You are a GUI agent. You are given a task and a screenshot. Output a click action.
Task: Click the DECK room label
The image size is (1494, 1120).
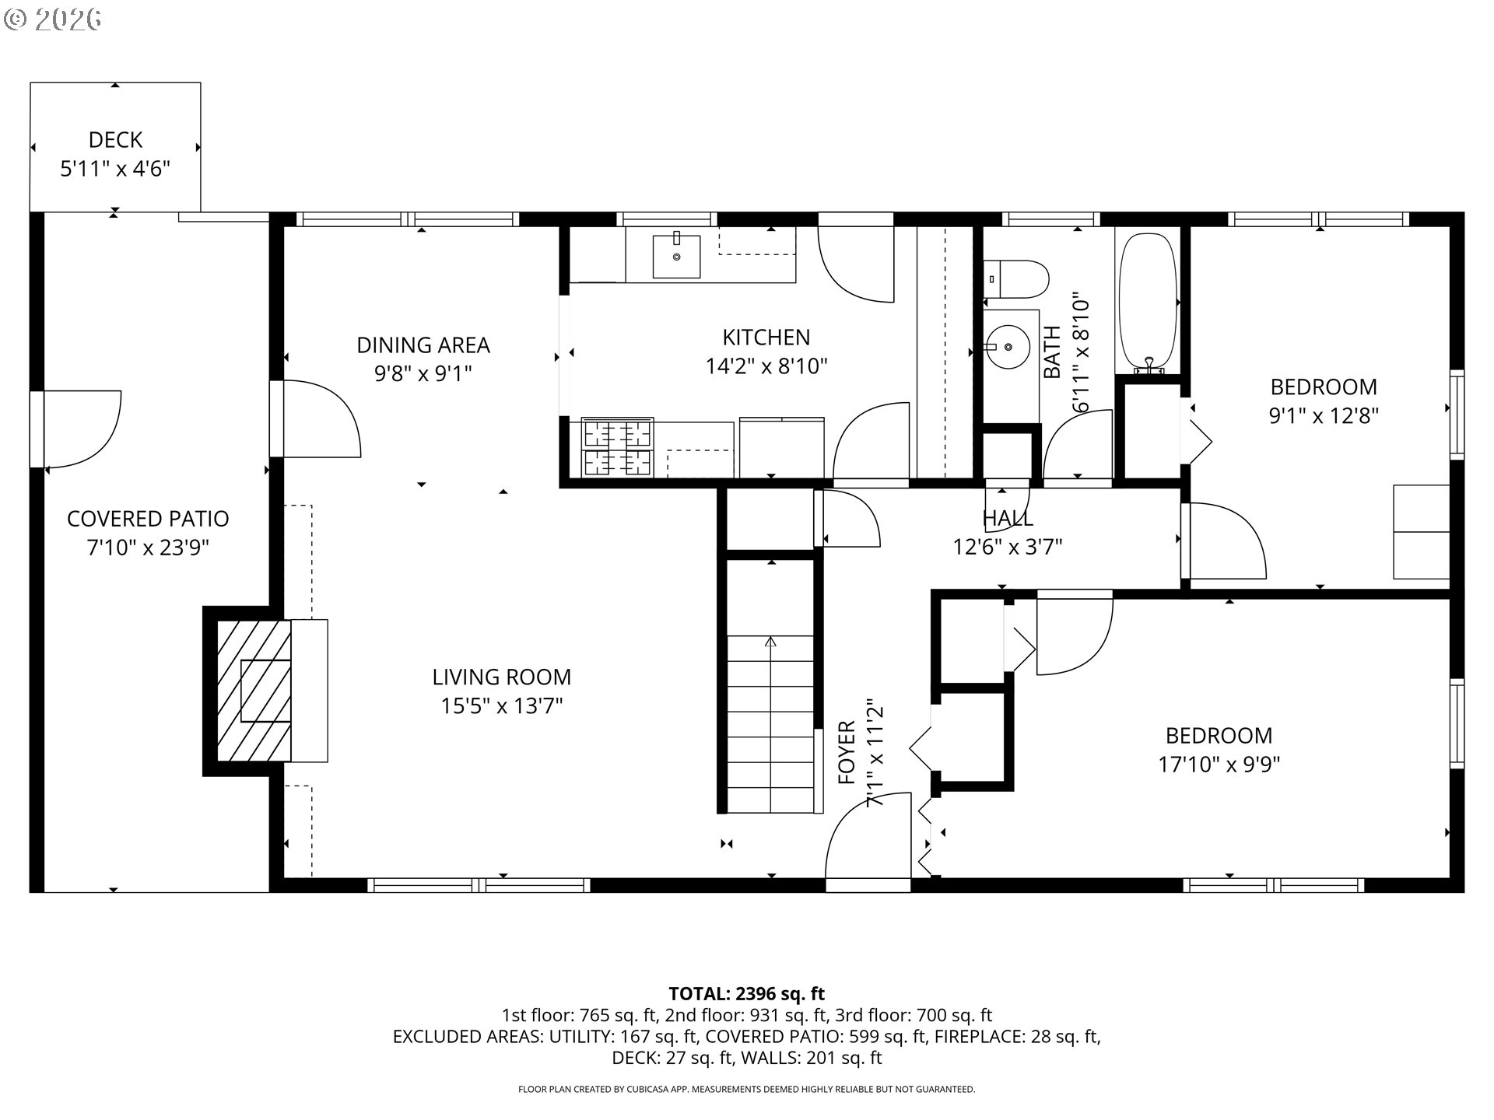coord(115,140)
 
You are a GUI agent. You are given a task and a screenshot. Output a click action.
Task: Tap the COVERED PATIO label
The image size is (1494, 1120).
coord(148,519)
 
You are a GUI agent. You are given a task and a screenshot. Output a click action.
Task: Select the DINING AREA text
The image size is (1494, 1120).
coord(423,345)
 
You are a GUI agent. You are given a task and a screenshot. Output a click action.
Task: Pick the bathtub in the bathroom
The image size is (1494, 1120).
coord(1147,301)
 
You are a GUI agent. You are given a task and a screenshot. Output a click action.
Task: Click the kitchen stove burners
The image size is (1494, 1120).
coord(618,447)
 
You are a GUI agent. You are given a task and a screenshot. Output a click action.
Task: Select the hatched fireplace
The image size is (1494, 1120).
coord(254,691)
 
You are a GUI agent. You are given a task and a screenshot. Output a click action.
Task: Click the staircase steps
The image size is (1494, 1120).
coord(770,724)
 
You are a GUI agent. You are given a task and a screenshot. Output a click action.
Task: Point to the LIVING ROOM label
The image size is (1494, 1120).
coord(502,677)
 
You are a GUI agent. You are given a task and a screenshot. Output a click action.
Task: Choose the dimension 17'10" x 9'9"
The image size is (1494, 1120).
coord(1219,765)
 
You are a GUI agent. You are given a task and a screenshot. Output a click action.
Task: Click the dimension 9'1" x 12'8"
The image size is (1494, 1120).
coord(1324,415)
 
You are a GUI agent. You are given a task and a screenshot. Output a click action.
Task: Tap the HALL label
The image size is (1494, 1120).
coord(1008,518)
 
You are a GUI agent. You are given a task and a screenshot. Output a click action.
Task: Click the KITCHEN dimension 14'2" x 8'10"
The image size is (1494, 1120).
coord(766,366)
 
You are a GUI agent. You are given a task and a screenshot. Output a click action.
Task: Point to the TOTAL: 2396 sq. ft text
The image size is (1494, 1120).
coord(747,993)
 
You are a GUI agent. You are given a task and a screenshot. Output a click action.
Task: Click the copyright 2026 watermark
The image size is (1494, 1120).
coord(53,19)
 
